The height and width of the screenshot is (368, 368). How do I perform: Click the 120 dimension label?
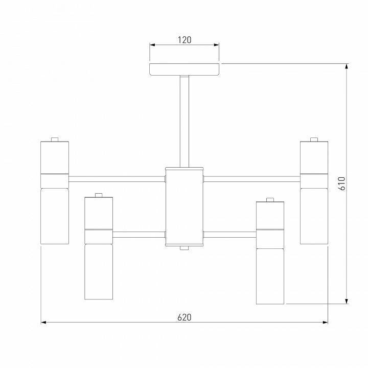point(184,40)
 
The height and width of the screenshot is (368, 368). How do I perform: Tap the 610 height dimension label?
point(342,183)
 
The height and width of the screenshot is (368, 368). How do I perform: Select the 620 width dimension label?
point(184,317)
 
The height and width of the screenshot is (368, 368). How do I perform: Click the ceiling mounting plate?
point(184,70)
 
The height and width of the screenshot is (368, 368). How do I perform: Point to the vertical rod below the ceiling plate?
point(184,122)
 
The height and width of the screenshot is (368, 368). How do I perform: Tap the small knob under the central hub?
point(184,248)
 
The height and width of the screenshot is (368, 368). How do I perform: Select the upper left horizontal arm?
point(117,179)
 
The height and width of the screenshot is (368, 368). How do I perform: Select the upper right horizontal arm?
point(251,179)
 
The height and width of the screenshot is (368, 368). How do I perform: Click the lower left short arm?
point(139,235)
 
